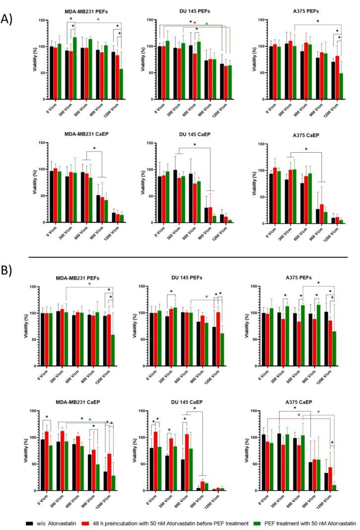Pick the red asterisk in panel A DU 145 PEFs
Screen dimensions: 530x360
(x=195, y=23)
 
